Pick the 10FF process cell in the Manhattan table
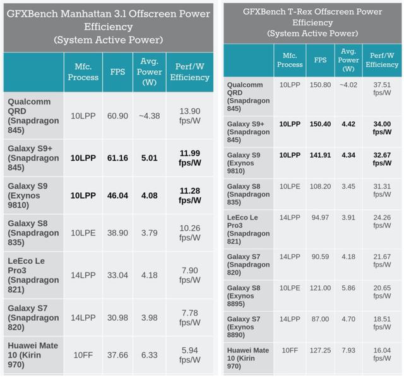pos(83,355)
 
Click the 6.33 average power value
pos(150,355)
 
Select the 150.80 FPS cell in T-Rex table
pos(320,84)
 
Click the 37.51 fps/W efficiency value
pos(381,89)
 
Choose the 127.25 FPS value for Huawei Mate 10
pos(320,350)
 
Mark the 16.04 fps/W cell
pos(381,354)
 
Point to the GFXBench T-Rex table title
pos(312,22)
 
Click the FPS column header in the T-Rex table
pos(320,60)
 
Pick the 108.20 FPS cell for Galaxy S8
pos(320,187)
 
